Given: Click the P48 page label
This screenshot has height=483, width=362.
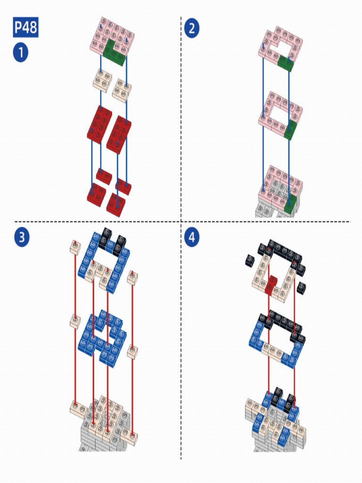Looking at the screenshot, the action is coord(25,27).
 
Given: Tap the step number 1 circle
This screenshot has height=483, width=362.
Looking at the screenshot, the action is coord(21,52).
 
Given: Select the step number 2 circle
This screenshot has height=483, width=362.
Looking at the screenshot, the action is coord(192,28).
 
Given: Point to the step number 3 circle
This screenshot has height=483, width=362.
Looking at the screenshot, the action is coord(22,238).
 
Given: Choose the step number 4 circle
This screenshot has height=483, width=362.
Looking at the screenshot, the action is coord(192,238).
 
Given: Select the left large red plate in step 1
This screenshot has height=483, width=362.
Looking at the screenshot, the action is coord(99,125).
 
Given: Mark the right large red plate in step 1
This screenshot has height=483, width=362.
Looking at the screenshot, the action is coord(119,134).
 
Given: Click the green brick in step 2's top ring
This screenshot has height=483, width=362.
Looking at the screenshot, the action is coord(285,63).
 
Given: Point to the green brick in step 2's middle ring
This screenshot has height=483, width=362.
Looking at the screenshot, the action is coord(290,131).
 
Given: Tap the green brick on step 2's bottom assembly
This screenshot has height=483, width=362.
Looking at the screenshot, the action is coord(290,204).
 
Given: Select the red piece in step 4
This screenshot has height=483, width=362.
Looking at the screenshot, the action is coord(271,285).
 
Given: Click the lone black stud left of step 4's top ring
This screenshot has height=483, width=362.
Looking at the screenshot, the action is coord(249,260).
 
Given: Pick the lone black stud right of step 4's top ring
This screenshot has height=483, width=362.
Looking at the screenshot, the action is coord(301,287).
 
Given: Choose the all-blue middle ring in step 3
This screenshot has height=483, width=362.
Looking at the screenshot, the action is coord(102,339).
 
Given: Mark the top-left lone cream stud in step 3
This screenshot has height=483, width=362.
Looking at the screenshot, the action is coord(75,247).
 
